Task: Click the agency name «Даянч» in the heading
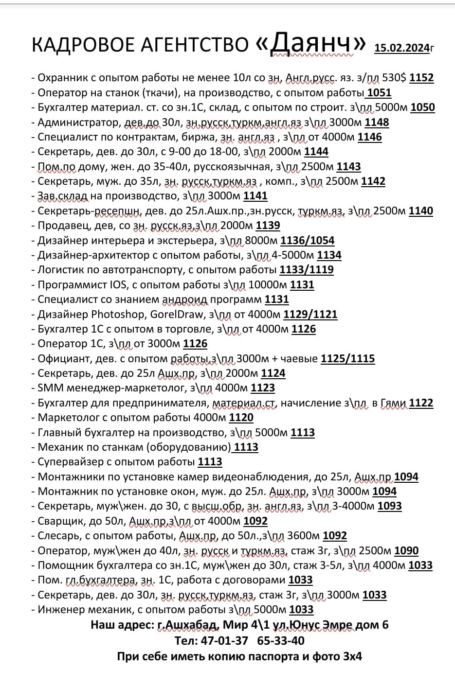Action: tap(310, 44)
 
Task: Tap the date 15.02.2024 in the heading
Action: tap(402, 48)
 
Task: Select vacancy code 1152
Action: tap(421, 78)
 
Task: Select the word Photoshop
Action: tap(118, 314)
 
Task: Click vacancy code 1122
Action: tap(421, 403)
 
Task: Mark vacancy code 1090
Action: tap(406, 551)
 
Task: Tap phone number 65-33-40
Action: tap(285, 641)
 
